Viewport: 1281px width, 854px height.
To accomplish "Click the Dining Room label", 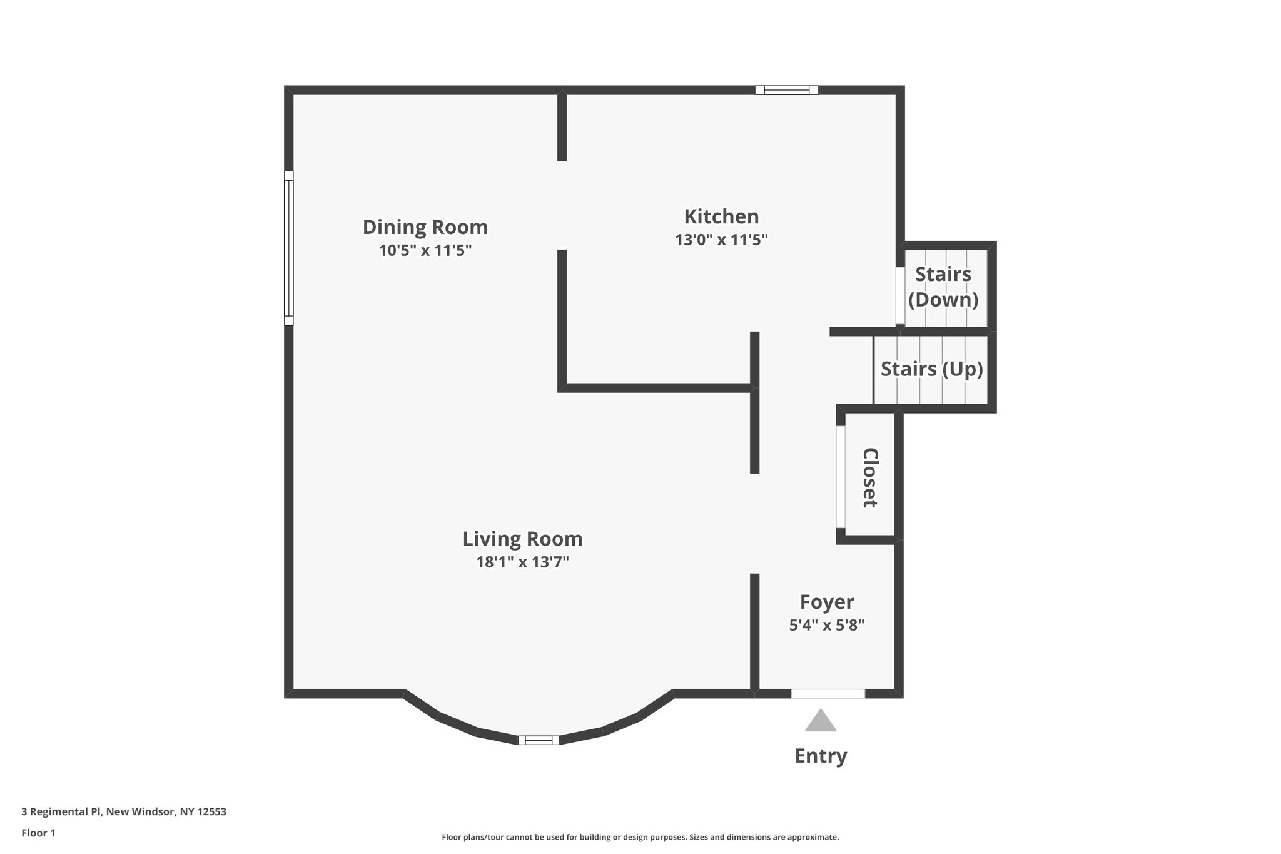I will coord(425,227).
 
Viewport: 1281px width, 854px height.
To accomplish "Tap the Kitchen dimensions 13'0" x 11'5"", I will coord(721,240).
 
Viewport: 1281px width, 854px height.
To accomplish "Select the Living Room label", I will coord(522,539).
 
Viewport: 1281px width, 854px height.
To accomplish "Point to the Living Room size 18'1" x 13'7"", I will coord(522,562).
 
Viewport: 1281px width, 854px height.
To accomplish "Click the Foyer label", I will coord(827,602).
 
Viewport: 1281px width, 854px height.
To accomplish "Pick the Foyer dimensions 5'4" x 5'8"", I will coord(827,625).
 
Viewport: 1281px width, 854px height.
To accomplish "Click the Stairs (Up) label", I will coord(931,369).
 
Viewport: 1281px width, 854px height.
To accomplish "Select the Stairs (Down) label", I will coord(943,287).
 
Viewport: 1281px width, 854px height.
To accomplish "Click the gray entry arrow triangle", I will coord(821,722).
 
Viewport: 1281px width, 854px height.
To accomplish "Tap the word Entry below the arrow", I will coord(821,756).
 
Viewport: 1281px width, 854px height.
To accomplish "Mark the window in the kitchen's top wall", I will coord(786,90).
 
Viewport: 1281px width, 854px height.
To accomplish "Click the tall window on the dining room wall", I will coord(288,248).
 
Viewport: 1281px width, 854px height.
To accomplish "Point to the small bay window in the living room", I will coord(539,740).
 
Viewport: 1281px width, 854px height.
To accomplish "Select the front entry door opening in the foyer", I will coord(828,693).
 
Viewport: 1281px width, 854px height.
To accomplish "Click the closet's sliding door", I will coord(841,477).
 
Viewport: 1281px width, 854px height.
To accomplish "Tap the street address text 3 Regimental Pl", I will coord(124,812).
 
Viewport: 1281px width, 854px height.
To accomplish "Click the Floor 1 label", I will coord(38,833).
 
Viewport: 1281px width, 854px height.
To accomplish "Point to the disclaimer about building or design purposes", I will coord(640,837).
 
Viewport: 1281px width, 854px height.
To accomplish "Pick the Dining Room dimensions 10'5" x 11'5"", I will coord(425,250).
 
